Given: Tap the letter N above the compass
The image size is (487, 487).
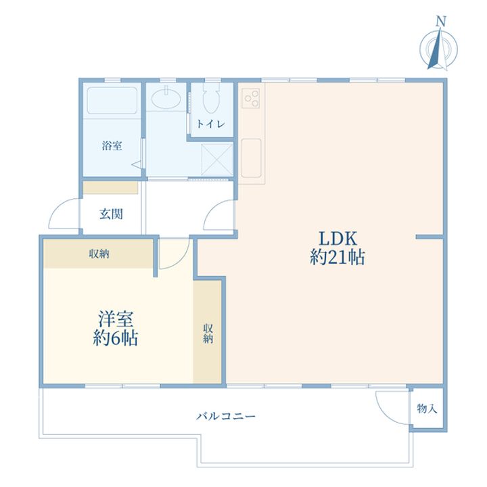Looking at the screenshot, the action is click(441, 22).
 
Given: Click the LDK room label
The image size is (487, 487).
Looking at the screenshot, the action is click(338, 239).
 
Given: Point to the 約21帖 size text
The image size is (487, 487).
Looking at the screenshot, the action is click(338, 258).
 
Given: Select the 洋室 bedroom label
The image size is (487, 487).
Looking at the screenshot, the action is click(116, 319).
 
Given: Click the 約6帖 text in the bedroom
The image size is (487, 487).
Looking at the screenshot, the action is click(115, 338).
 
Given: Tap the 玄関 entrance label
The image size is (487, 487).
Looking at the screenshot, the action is click(111, 214).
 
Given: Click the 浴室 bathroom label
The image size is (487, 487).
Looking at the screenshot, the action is click(112, 145).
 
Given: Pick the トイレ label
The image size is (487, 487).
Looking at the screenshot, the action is click(210, 124).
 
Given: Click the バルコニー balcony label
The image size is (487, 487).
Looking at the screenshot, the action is click(226, 415).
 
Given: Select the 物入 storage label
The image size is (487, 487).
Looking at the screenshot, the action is click(427, 409).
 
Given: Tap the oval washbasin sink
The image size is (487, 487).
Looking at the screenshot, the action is click(166, 98).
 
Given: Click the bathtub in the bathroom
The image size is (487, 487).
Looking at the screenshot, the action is click(112, 101).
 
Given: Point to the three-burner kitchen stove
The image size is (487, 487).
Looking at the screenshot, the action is click(251, 98).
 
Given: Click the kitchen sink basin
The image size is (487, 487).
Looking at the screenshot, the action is click(251, 158).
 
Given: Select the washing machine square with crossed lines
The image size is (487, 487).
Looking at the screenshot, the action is click(217, 160).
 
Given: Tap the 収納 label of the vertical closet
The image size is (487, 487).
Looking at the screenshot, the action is click(208, 333).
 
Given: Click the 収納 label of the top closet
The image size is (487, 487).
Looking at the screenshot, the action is click(99, 254).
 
